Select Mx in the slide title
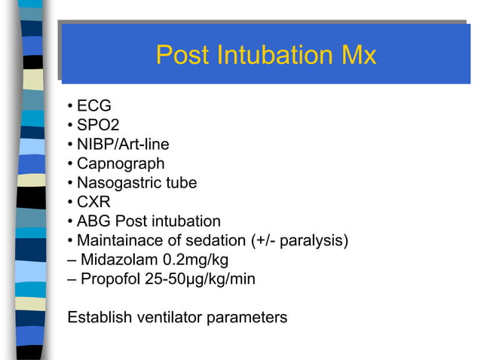(357, 55)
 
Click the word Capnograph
(121, 163)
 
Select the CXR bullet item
(94, 202)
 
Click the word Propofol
(110, 279)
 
